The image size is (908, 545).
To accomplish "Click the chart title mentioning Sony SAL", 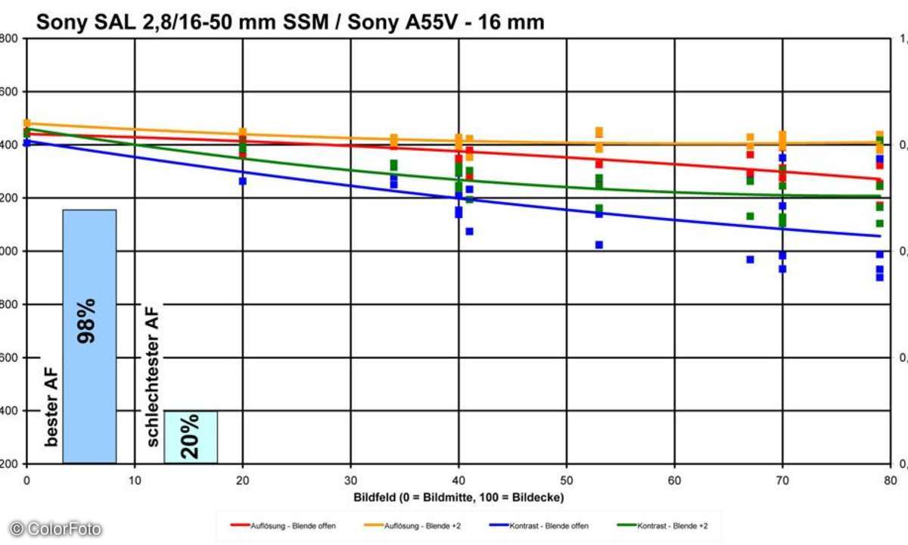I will (290, 22).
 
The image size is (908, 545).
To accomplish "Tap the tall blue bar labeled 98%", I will (89, 336).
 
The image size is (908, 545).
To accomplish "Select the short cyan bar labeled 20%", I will (191, 437).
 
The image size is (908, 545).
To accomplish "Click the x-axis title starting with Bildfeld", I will (459, 497).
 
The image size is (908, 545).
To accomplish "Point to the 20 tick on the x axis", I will (242, 479).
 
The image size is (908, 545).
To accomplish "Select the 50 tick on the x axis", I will (567, 479).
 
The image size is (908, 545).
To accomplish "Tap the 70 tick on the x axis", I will (782, 479).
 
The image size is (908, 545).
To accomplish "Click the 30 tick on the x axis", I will (350, 479).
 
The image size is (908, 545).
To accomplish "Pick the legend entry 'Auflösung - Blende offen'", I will (283, 525).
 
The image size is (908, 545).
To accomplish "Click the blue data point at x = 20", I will (243, 181).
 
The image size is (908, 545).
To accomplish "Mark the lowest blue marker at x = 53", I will (599, 244).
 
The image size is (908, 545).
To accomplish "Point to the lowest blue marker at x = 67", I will (750, 259).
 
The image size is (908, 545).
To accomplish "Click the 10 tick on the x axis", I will (135, 479).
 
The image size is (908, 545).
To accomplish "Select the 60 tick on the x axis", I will (675, 479).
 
